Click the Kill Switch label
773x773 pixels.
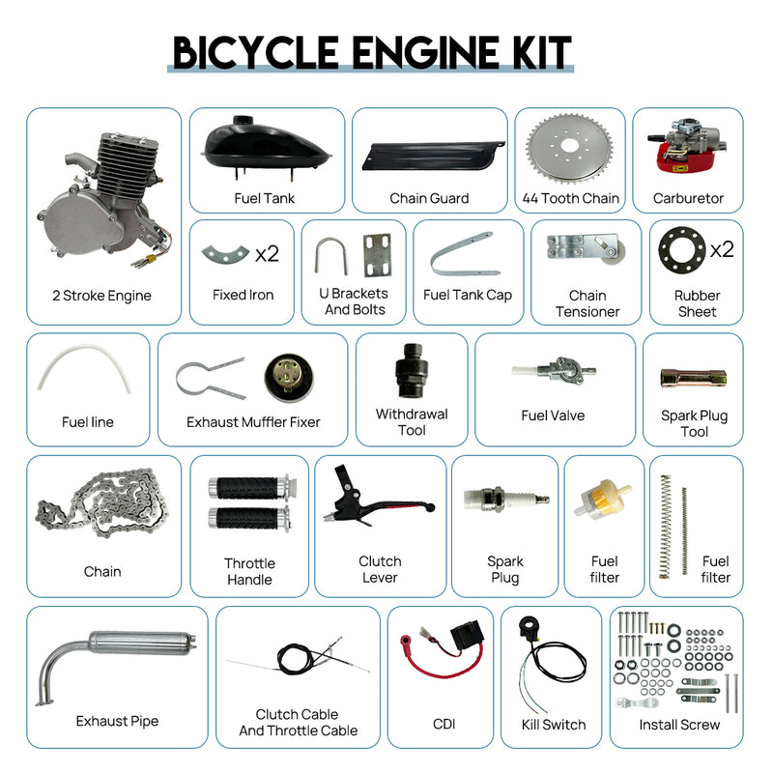(x=553, y=724)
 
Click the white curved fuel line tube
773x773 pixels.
(x=88, y=372)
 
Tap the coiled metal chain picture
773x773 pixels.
(x=101, y=511)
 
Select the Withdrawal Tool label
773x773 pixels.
(x=412, y=421)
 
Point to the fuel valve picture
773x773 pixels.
(x=553, y=373)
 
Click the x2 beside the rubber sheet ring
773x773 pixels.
(x=722, y=249)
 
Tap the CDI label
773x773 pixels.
(x=444, y=724)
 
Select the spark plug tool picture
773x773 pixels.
(x=693, y=378)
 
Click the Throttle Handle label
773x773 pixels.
(x=249, y=571)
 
